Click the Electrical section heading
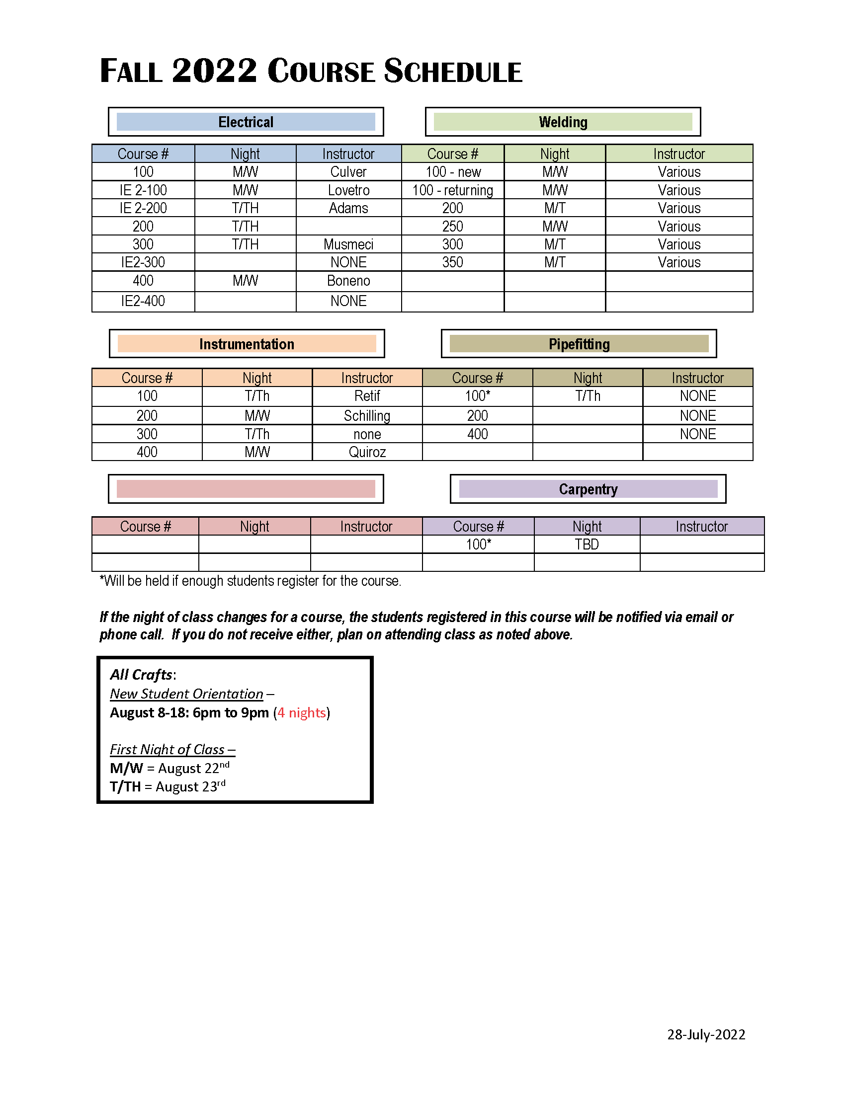tap(246, 122)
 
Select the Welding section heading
tap(563, 122)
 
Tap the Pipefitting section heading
tap(579, 344)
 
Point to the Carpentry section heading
tap(588, 489)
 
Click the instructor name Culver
tap(348, 172)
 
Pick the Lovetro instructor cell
tap(348, 190)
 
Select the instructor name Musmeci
tap(348, 244)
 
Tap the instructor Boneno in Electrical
tap(348, 281)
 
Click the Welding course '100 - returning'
tap(452, 190)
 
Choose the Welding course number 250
tap(452, 226)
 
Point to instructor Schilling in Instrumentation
tap(367, 416)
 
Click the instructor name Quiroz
tap(367, 452)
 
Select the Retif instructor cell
tap(367, 396)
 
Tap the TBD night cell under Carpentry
tap(587, 545)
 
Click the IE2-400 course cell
tap(143, 301)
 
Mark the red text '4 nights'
tap(302, 712)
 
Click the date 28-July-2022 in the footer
tap(706, 1034)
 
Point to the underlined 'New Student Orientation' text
tap(186, 694)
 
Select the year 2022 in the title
tap(214, 71)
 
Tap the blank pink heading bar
tap(246, 489)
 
